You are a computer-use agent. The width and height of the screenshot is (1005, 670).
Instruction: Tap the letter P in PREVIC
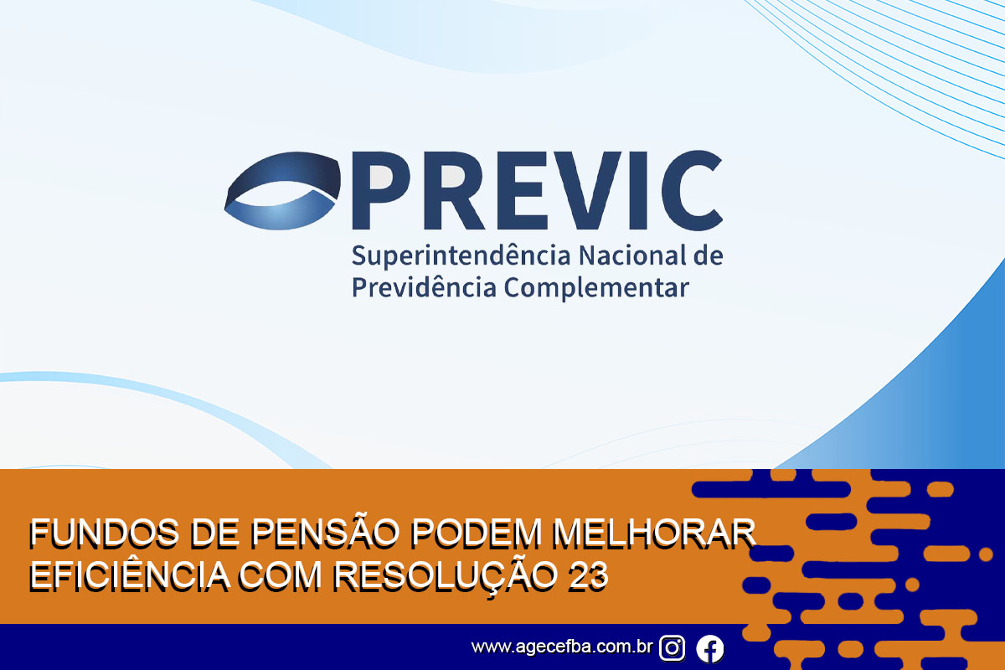click(381, 190)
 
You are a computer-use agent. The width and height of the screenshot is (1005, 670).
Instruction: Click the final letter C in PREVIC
click(692, 190)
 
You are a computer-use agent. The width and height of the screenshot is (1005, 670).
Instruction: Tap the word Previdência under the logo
click(424, 286)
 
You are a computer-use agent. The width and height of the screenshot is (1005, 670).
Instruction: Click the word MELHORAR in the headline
click(654, 533)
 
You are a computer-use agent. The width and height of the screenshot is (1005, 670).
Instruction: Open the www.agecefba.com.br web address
click(562, 647)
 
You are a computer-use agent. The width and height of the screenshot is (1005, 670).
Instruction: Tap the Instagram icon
click(672, 648)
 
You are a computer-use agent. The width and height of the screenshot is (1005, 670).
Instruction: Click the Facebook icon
click(710, 648)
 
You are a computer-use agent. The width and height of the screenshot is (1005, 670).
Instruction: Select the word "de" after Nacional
click(709, 255)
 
